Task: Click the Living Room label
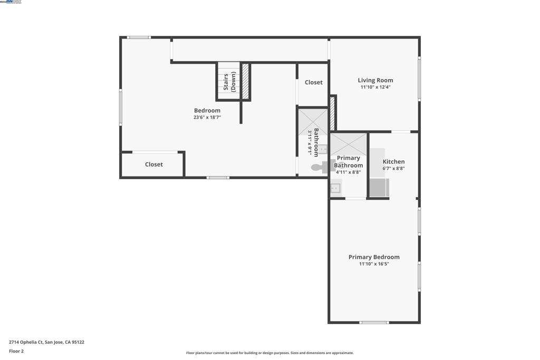(375, 81)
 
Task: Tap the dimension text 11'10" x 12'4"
(375, 87)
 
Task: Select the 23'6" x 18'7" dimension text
(207, 118)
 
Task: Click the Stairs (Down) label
(229, 82)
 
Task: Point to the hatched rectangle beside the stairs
(245, 81)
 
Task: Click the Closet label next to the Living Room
(313, 82)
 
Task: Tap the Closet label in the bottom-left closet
(153, 164)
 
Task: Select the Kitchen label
(393, 162)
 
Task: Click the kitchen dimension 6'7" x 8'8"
(393, 169)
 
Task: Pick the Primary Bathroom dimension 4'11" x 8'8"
(348, 172)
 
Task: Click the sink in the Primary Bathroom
(335, 188)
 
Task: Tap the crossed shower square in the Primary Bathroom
(349, 144)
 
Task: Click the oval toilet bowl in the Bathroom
(317, 168)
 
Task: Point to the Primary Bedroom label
(374, 257)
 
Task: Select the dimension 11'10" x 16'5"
(374, 264)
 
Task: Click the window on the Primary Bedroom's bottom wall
(374, 322)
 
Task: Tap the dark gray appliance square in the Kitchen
(379, 187)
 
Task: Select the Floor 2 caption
(16, 351)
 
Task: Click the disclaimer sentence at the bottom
(269, 353)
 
